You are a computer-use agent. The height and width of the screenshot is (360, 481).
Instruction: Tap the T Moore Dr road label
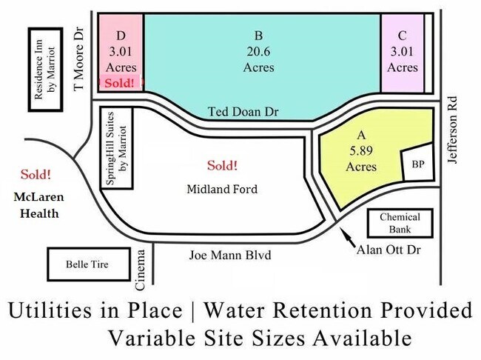[79, 59]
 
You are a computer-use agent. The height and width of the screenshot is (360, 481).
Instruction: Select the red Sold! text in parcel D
[119, 83]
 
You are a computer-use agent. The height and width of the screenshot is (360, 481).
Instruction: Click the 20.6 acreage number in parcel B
[258, 51]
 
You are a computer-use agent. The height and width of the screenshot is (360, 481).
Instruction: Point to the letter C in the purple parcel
[402, 36]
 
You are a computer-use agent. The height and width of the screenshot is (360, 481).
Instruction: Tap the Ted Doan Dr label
[243, 112]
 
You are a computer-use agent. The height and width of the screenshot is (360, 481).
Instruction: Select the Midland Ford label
[222, 189]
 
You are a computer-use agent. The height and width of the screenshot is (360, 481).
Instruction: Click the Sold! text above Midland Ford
[222, 165]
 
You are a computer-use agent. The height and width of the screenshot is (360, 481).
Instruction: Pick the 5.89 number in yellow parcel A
[361, 150]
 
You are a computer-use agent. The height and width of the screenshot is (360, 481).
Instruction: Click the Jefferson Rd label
[452, 130]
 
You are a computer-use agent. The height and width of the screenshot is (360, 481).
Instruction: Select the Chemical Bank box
[400, 223]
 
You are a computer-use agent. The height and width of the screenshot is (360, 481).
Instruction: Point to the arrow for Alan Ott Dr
[349, 236]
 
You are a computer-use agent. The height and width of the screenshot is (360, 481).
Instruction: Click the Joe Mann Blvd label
[230, 256]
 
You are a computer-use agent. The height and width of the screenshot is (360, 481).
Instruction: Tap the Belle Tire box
[89, 264]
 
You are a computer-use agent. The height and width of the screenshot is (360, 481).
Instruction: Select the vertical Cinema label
[140, 270]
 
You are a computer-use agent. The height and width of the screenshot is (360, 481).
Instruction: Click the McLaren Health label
[39, 205]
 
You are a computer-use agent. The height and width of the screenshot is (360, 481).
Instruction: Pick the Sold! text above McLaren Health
[36, 175]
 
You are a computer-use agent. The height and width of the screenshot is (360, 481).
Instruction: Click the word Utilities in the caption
[50, 310]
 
